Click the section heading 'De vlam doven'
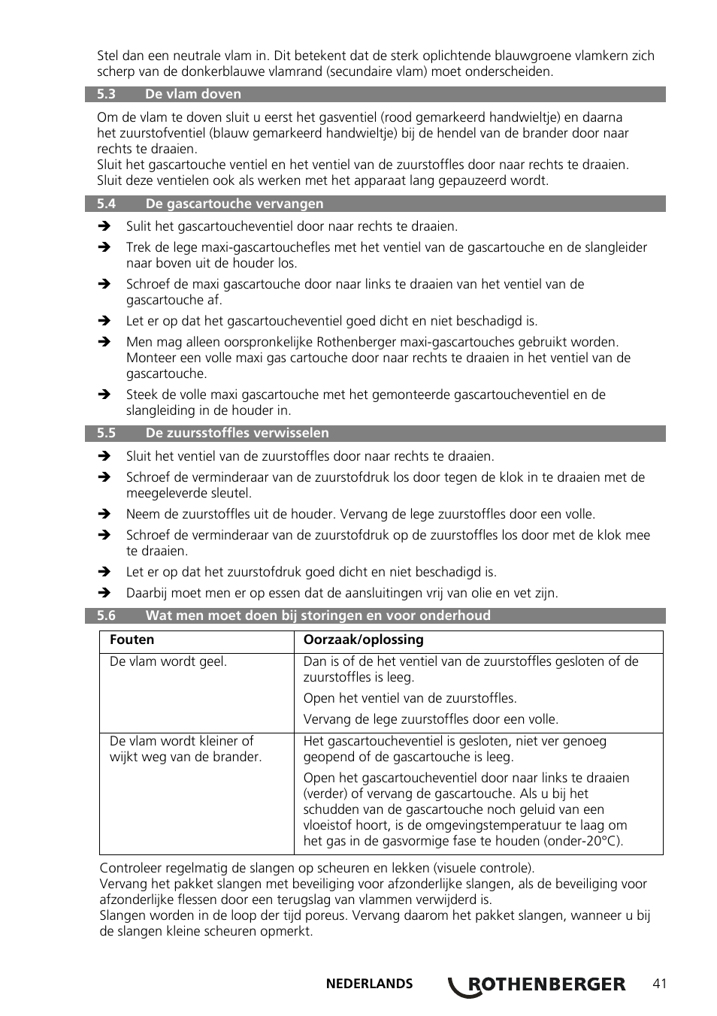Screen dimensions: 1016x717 (x=193, y=94)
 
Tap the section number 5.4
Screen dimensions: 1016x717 (x=106, y=204)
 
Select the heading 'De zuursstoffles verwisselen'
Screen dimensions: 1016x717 (x=237, y=433)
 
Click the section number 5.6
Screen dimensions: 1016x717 (x=106, y=615)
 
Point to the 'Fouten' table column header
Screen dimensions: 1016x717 (x=132, y=640)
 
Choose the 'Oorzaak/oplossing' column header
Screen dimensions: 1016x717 (x=363, y=640)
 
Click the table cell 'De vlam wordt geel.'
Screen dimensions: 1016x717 (x=168, y=662)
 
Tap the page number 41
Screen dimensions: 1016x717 (x=660, y=984)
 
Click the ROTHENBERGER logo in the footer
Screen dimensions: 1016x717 (x=537, y=984)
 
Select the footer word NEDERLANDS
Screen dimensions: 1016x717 (x=369, y=984)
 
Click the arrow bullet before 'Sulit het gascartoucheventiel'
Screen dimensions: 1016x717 (x=105, y=226)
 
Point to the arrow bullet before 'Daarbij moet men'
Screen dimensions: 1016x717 (x=105, y=593)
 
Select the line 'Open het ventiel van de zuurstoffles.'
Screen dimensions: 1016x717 (x=410, y=698)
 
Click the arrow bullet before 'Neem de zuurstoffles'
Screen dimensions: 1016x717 (x=105, y=514)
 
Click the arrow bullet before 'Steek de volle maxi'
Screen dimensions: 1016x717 (x=105, y=395)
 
